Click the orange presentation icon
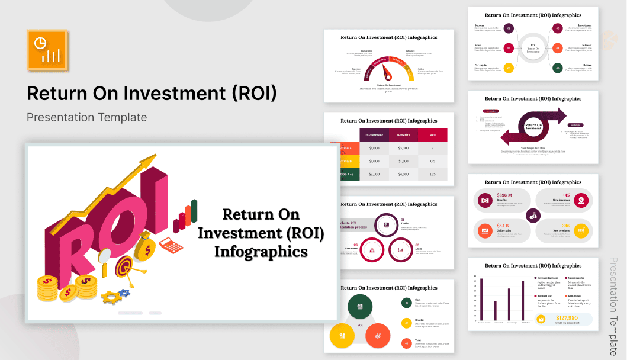pos(47,48)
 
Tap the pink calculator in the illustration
pos(172,244)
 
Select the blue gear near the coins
pos(124,292)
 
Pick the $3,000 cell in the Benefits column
pos(403,147)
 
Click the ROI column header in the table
pos(432,134)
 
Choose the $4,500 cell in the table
pos(403,174)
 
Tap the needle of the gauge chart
pos(388,72)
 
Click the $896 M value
pos(504,195)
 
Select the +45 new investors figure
pos(566,195)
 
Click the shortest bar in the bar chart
pos(495,311)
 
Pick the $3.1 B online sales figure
pos(503,226)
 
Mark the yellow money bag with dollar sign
pos(144,249)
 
